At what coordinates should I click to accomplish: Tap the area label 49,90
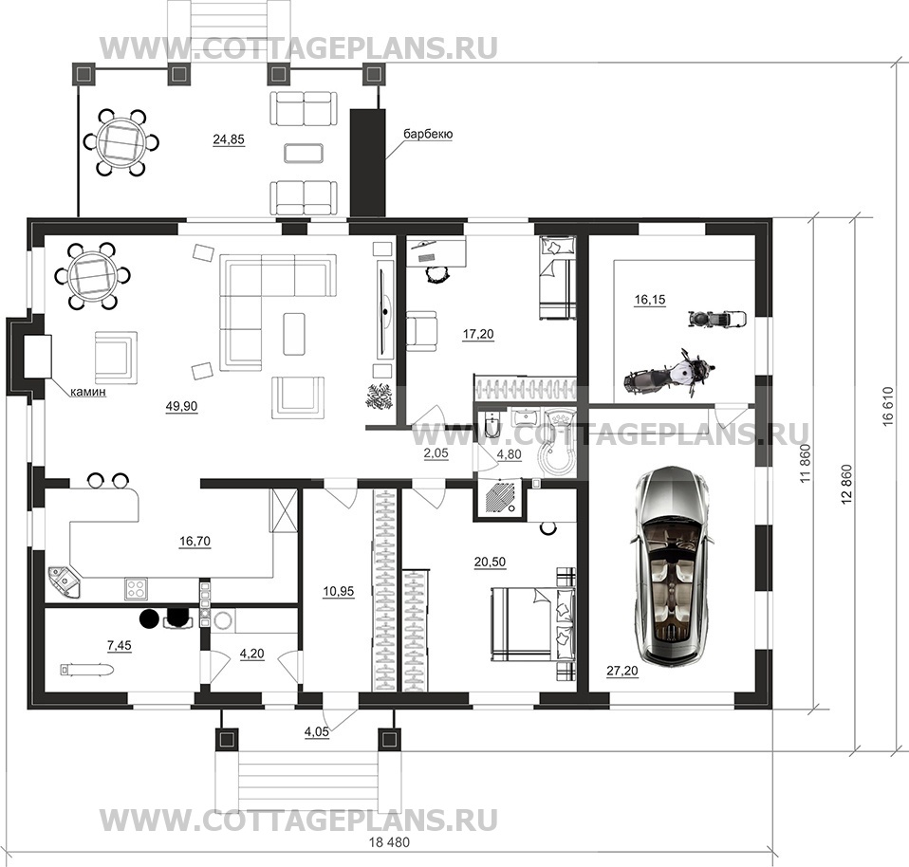pos(181,406)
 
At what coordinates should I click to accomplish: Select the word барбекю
pos(429,134)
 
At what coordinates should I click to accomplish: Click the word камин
pos(88,392)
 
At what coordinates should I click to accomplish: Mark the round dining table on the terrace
pos(121,141)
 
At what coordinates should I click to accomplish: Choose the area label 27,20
pos(622,671)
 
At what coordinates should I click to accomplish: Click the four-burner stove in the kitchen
pos(137,589)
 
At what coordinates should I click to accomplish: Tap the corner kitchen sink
pos(65,581)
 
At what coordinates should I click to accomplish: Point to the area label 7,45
pos(119,646)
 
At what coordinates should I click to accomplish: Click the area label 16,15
pos(650,300)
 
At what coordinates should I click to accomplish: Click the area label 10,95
pos(339,592)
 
